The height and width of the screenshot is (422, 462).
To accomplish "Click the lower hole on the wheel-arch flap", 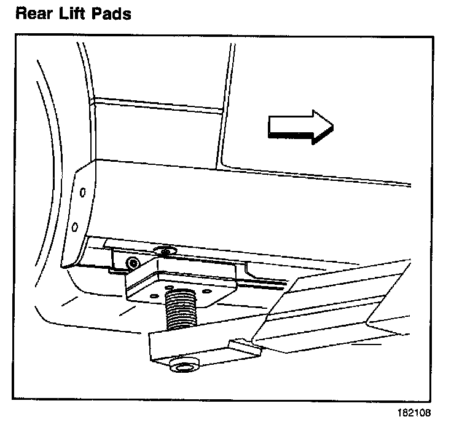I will [75, 227].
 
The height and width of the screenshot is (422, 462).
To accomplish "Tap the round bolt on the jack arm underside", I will [182, 367].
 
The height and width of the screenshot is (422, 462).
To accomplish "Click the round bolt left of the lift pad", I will [131, 263].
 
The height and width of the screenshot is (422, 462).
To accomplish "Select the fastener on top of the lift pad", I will [163, 250].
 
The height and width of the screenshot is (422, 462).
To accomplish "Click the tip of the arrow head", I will [332, 127].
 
